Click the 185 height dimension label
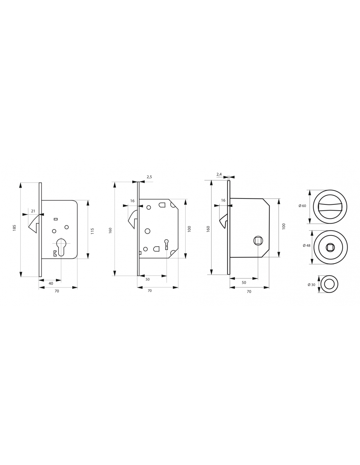click(x=14, y=228)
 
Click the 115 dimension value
click(x=92, y=231)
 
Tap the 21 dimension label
click(x=33, y=211)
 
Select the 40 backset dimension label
click(x=51, y=283)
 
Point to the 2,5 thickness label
click(x=149, y=177)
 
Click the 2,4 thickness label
click(x=219, y=174)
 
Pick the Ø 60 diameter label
click(x=302, y=206)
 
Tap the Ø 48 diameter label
click(x=306, y=246)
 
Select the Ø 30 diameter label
click(x=311, y=284)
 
